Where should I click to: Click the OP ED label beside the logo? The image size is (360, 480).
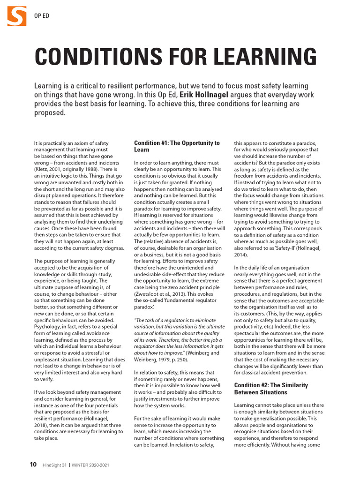(x=42, y=16)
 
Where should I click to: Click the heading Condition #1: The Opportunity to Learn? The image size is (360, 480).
(x=177, y=146)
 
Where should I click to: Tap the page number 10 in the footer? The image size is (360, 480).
(x=33, y=465)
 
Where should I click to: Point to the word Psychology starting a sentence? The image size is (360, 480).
(x=49, y=314)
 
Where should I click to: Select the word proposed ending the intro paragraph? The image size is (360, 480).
(x=50, y=112)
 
